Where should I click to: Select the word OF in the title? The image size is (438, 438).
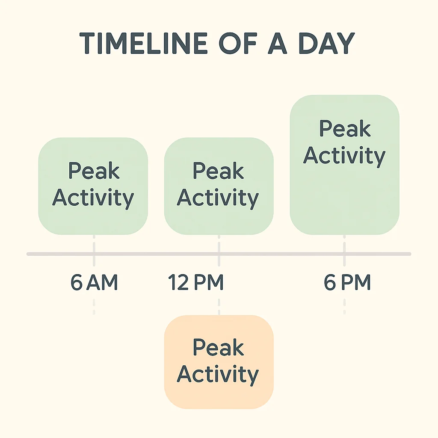coord(240,43)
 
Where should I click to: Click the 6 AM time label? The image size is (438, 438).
coord(94,283)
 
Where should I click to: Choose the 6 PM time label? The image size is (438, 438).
coord(347,283)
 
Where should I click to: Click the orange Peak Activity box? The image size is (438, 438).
coord(219,362)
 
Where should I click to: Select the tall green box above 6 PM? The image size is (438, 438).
coord(344,165)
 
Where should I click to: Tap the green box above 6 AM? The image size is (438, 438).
coord(93,186)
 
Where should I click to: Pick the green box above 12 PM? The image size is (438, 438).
coord(219,186)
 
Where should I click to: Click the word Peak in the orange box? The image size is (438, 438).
coord(219,347)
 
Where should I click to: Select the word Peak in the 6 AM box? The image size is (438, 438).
coord(94,171)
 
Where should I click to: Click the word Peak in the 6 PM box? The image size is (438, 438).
coord(345,129)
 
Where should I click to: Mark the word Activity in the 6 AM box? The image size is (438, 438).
coord(93,198)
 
